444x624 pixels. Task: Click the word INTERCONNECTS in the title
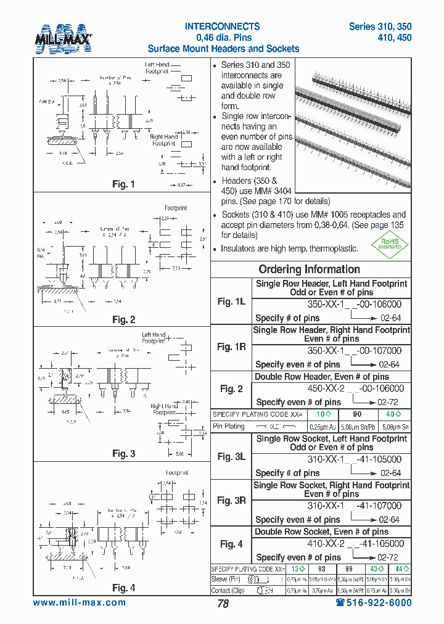[x=223, y=27]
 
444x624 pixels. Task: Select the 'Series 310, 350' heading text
[x=380, y=27]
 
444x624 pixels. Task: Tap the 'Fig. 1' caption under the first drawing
[x=123, y=184]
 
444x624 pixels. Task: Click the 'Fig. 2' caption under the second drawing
[x=123, y=319]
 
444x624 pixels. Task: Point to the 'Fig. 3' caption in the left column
[x=123, y=454]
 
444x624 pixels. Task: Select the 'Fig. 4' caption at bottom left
[x=123, y=588]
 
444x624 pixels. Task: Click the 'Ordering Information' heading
[x=309, y=269]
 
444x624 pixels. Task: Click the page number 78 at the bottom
[x=223, y=604]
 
